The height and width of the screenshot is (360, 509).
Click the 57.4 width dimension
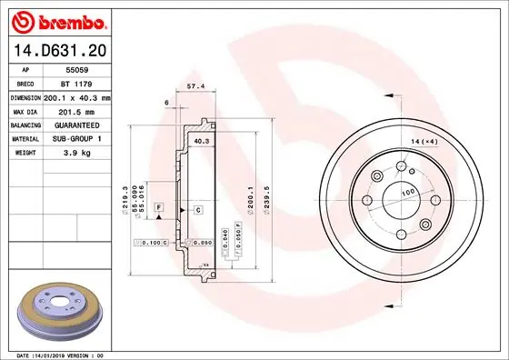(x=193, y=86)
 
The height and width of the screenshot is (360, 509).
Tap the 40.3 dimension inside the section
(x=202, y=141)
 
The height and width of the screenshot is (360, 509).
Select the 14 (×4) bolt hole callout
(x=424, y=141)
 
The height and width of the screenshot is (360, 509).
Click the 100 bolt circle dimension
(x=408, y=193)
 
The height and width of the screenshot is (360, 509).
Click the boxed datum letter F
(x=157, y=209)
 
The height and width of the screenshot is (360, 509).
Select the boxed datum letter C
(x=196, y=210)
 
